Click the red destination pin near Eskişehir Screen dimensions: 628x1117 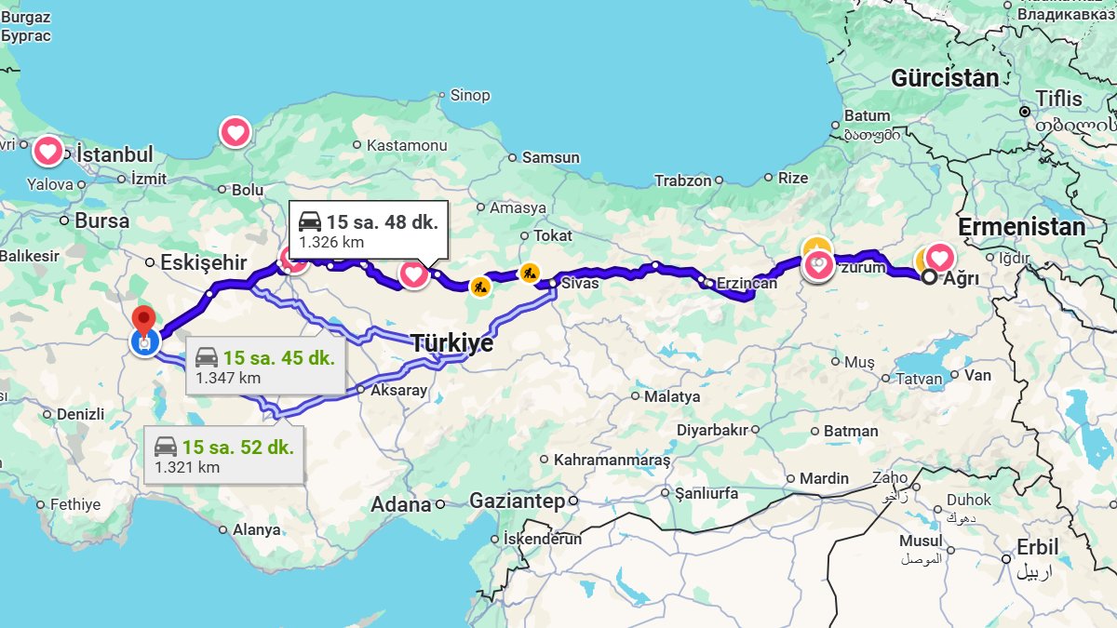coord(142,320)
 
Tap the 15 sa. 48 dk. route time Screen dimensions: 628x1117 coord(381,222)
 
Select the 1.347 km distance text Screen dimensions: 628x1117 coord(228,378)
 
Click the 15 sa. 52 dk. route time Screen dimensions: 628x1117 coord(237,446)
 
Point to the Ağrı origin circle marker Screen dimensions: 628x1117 coord(928,276)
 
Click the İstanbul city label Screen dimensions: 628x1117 coord(114,154)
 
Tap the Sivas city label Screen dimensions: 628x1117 coord(580,283)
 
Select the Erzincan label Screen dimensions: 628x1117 coord(746,283)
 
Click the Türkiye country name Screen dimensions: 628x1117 coord(452,342)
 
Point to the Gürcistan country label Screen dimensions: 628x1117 coord(945,78)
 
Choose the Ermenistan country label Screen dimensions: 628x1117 coord(1021,227)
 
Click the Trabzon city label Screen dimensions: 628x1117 coord(682,180)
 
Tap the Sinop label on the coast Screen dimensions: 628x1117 coord(469,95)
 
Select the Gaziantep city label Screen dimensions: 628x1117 coord(517,501)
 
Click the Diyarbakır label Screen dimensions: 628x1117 coord(712,430)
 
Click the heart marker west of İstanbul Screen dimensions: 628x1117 coord(47,150)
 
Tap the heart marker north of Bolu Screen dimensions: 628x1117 coord(236,132)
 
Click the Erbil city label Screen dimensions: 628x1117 coord(1038,547)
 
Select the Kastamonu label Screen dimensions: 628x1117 coord(407,145)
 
